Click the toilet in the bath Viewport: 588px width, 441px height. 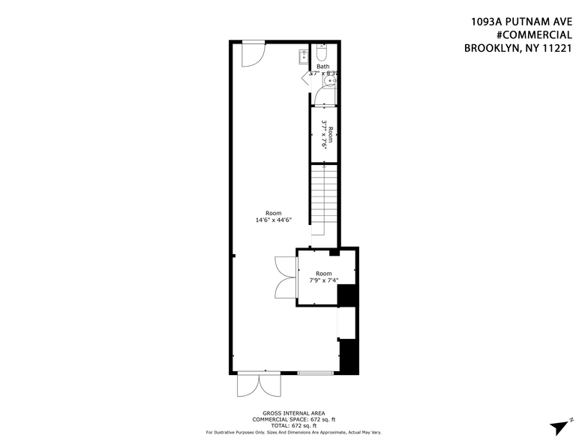tap(322, 53)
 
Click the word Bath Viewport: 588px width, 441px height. tap(322, 67)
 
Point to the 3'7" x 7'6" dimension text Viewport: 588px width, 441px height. tap(325, 135)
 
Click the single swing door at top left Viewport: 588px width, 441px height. tap(253, 52)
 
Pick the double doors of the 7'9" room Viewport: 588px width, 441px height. tap(286, 277)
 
